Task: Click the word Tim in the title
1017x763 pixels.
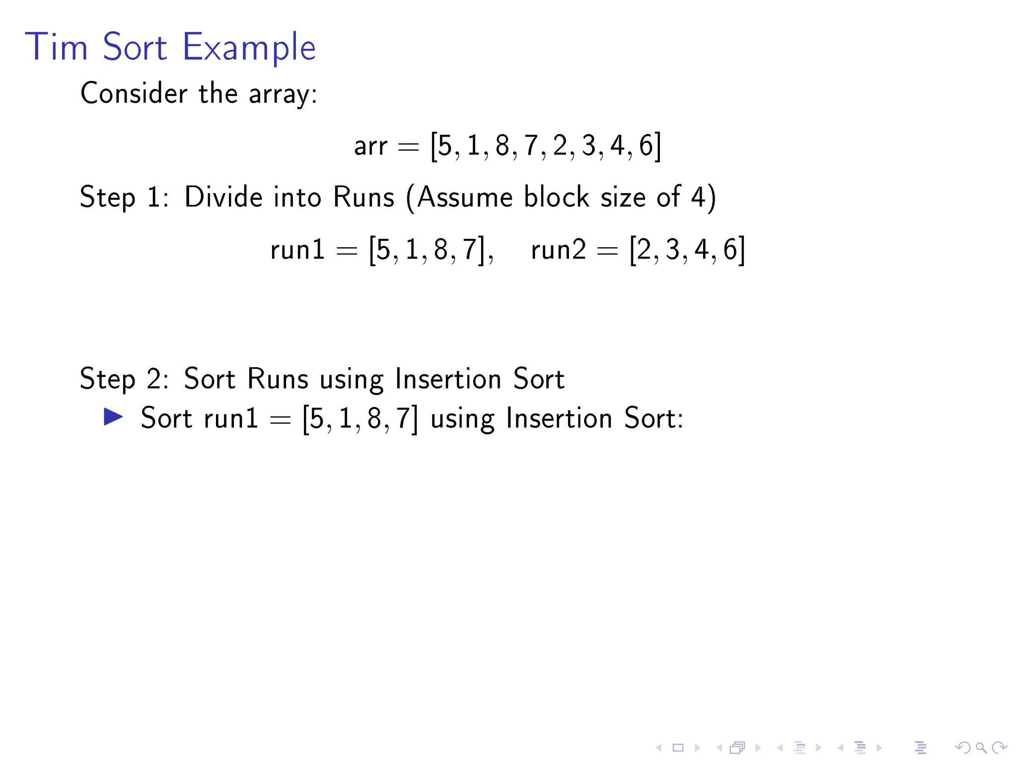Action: tap(56, 47)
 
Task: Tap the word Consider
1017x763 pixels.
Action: tap(134, 93)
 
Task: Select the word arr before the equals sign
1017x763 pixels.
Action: tap(370, 147)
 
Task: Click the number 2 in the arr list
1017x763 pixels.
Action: tap(560, 146)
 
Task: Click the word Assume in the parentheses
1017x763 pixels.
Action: tap(465, 197)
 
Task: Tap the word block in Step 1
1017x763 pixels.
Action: tap(557, 197)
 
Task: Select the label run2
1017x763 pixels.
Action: tap(558, 249)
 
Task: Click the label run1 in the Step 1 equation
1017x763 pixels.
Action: tap(297, 249)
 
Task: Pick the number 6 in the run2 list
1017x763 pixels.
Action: tap(730, 249)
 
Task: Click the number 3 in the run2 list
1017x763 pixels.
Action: tap(672, 249)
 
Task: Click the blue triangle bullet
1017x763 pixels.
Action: tap(113, 417)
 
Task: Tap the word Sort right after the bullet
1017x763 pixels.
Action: tap(166, 418)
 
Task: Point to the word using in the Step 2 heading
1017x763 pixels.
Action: tap(351, 380)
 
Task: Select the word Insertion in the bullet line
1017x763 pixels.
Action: tap(559, 418)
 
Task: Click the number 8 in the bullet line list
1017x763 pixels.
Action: tap(374, 418)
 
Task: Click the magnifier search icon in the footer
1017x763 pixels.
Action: tap(981, 747)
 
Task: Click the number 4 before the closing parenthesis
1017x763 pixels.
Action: tap(698, 197)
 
